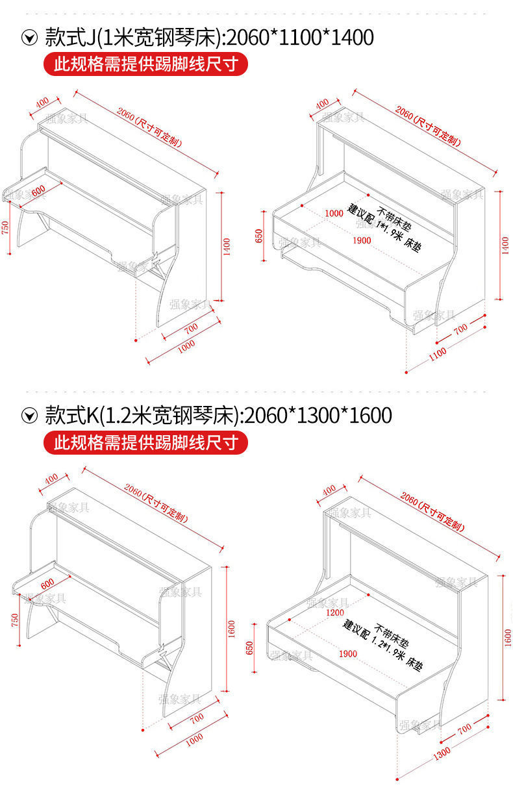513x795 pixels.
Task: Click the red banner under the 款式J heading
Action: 145,64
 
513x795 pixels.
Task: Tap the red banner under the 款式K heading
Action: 145,443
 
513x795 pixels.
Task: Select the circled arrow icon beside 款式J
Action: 29,38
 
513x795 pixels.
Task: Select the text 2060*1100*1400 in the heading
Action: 301,37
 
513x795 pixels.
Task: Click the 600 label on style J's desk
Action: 38,190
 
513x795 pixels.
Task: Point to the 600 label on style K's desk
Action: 47,582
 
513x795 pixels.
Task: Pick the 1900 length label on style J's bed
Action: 362,240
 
